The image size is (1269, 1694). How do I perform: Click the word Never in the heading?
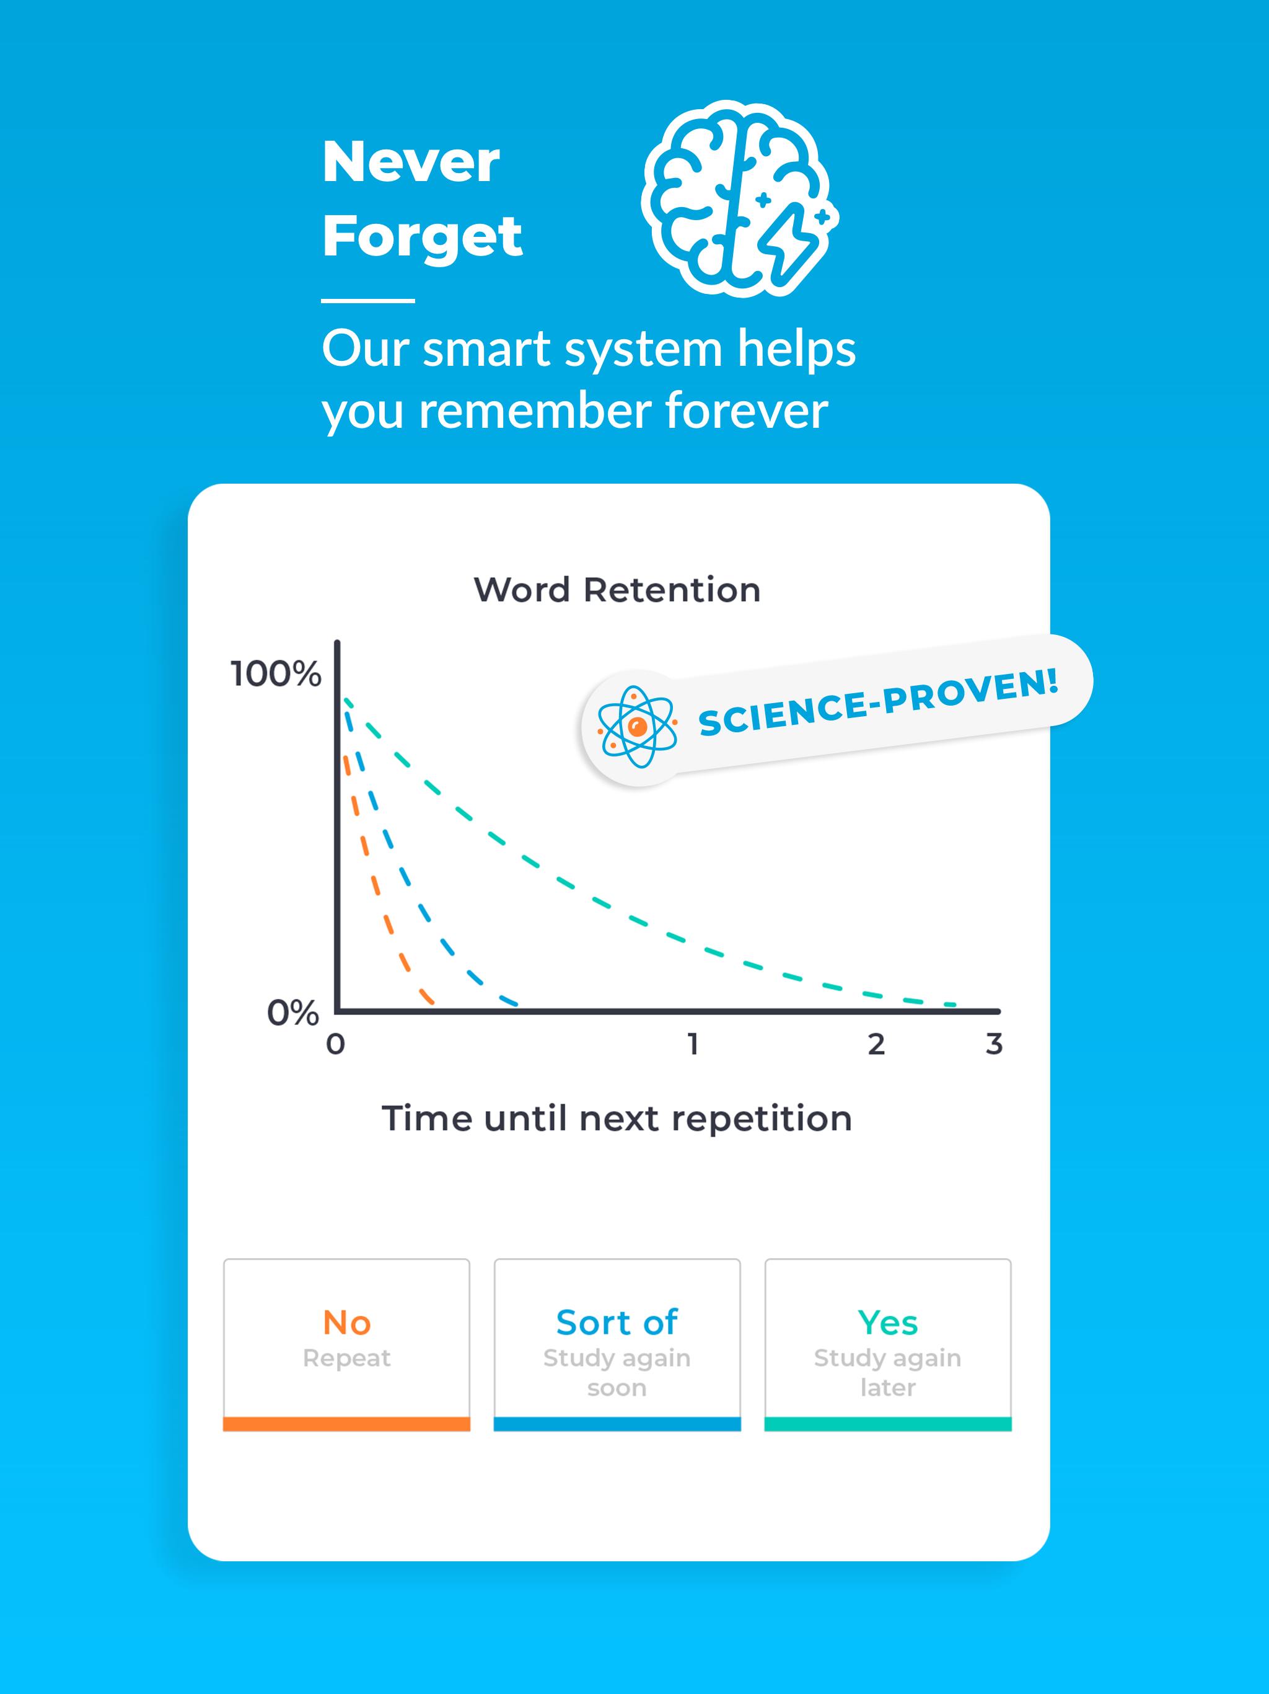tap(411, 162)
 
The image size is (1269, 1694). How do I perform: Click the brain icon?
tap(739, 198)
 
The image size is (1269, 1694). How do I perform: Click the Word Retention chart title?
tap(617, 590)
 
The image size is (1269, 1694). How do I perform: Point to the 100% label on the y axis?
tap(276, 674)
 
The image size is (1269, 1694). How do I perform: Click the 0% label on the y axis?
tap(293, 1013)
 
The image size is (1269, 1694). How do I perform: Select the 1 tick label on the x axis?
tap(693, 1044)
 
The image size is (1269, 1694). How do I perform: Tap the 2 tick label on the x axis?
tap(876, 1044)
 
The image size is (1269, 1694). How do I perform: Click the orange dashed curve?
tap(375, 880)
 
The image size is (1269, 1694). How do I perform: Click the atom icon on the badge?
tap(637, 727)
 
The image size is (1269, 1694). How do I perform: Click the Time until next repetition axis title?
tap(617, 1118)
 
